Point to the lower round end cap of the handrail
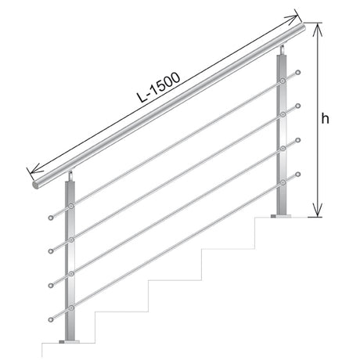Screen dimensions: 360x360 click(37, 186)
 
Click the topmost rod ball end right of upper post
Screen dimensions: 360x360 click(298, 74)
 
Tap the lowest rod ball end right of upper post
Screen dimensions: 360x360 click(298, 175)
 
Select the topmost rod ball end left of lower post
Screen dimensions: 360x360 click(51, 216)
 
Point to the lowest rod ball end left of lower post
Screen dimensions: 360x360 click(51, 318)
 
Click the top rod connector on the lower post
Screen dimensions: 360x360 click(72, 205)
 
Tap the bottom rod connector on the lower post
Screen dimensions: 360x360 click(72, 306)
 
